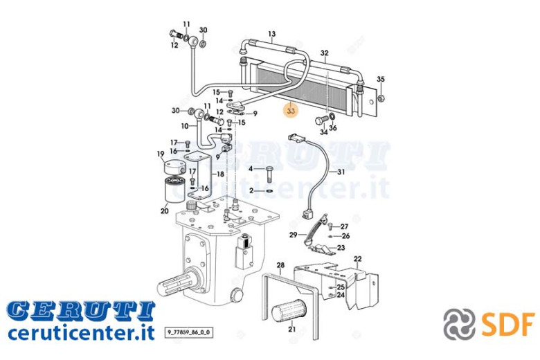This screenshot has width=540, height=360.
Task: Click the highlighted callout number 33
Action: [x=291, y=111]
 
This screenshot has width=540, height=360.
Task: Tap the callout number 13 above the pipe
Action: [x=271, y=34]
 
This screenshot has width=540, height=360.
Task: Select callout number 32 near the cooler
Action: [x=325, y=53]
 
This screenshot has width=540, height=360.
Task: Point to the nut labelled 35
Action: [x=381, y=98]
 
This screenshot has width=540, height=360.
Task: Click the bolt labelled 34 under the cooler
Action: [x=322, y=120]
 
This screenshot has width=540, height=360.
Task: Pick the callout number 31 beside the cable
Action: [x=341, y=172]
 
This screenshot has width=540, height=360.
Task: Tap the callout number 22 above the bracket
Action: [x=358, y=259]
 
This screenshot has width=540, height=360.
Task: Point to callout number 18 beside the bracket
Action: [x=220, y=174]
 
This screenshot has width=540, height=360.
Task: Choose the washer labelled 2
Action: [x=269, y=190]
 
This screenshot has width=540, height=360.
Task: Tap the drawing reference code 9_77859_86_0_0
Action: [x=189, y=333]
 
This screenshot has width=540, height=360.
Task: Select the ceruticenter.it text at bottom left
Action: [x=81, y=332]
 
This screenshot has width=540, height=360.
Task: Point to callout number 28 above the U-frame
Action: [x=280, y=265]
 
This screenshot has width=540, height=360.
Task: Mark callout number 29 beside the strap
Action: [x=293, y=235]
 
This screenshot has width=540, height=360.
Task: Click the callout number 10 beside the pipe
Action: [x=185, y=126]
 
